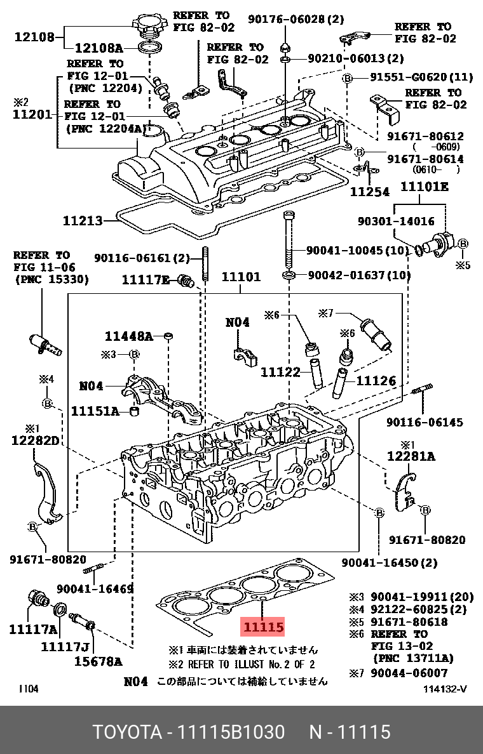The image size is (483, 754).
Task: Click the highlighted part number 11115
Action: coord(262,626)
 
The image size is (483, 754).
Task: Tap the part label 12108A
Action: coord(99,47)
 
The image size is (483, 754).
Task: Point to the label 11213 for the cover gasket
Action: coord(83,221)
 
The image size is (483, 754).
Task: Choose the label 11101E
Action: coord(423,187)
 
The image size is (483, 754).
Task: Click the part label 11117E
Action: coord(146,279)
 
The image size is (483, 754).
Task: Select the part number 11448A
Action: coord(129,336)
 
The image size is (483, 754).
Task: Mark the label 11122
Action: coord(280,371)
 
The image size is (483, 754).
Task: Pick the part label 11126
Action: coord(376,381)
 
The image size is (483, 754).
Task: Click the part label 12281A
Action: coord(411,456)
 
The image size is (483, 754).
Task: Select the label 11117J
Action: coord(65,647)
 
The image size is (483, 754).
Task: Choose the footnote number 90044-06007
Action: coord(409,673)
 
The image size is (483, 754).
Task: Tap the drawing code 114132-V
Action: coord(444,689)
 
